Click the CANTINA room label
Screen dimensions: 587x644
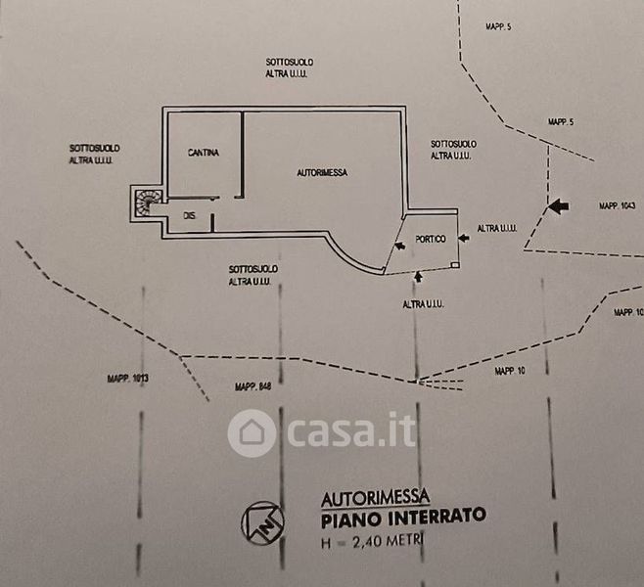click(204, 153)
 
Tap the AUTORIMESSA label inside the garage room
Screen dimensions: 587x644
click(323, 172)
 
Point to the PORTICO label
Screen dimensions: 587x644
click(431, 239)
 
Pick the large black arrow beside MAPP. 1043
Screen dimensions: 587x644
click(556, 205)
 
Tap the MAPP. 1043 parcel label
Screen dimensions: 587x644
click(618, 205)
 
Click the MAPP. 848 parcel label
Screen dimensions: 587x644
click(252, 388)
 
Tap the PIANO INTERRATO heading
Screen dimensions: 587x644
click(402, 516)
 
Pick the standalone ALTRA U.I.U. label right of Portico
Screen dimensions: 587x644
click(497, 229)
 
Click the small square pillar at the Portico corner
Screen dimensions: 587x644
click(457, 264)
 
